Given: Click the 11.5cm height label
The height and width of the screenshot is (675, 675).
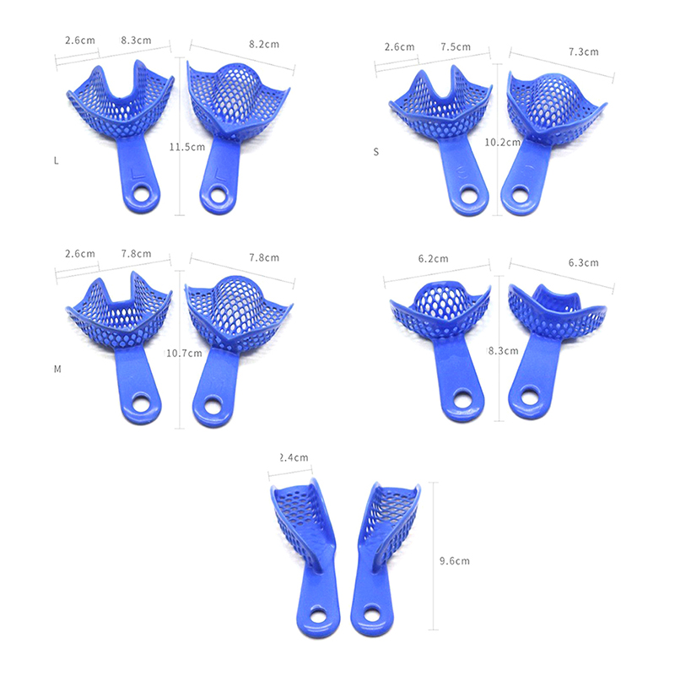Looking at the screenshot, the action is click(x=186, y=147).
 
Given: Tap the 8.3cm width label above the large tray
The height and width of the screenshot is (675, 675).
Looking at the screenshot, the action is click(x=136, y=40).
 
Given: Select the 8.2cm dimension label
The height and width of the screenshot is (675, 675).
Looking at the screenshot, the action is click(x=264, y=45).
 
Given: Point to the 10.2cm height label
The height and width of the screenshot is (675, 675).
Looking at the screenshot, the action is click(x=502, y=142).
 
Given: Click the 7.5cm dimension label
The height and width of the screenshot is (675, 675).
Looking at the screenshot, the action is click(x=456, y=47).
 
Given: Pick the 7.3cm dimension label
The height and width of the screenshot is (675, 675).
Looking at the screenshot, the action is click(x=583, y=52).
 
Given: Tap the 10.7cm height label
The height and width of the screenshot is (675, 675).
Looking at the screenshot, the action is click(x=184, y=354).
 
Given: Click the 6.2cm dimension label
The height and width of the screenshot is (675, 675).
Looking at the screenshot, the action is click(x=433, y=259).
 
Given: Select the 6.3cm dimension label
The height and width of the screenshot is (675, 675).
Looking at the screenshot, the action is click(x=583, y=263).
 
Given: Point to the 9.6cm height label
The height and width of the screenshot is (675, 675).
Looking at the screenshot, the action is click(x=455, y=561).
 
